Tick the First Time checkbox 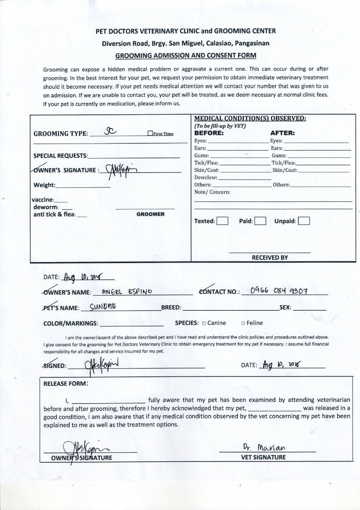click(x=150, y=134)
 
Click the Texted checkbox click(x=223, y=221)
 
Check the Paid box click(x=260, y=221)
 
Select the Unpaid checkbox click(x=304, y=221)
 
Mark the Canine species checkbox click(x=204, y=323)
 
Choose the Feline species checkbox click(x=243, y=323)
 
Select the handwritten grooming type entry click(x=110, y=132)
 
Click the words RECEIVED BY click(x=270, y=258)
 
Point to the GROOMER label click(x=150, y=214)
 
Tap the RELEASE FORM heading click(x=66, y=383)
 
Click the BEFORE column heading click(x=209, y=133)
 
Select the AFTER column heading click(x=283, y=133)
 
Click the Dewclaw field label click(x=206, y=178)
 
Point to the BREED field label click(x=171, y=308)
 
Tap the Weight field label click(x=44, y=185)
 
